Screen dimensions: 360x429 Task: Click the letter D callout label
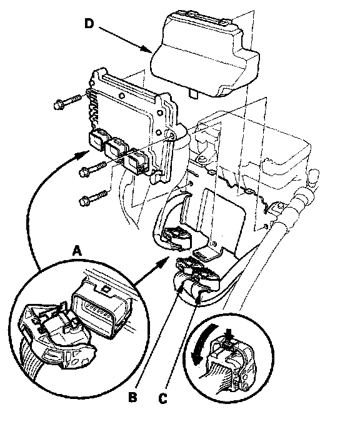89,24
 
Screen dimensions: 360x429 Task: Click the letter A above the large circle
77,251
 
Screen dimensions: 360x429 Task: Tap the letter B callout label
132,397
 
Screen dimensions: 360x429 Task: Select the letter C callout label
162,398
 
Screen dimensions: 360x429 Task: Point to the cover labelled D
205,55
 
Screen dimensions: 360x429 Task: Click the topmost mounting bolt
67,102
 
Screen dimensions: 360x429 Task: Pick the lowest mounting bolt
92,198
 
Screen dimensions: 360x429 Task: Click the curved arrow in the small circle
202,344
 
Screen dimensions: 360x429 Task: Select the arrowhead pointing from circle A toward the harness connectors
163,263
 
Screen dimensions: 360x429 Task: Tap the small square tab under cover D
193,94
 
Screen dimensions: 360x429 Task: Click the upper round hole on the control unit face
121,96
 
